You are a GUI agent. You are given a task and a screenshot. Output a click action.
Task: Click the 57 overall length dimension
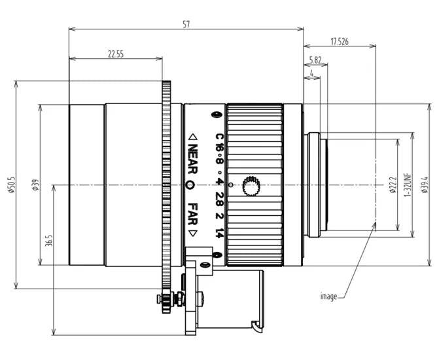click(x=186, y=24)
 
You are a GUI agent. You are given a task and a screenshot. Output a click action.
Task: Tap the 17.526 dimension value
click(x=339, y=41)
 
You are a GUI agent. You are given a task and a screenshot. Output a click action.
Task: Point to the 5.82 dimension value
click(x=315, y=60)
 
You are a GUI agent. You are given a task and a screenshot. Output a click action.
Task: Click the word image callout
click(x=328, y=297)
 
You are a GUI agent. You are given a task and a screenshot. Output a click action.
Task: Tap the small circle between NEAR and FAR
click(x=191, y=185)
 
